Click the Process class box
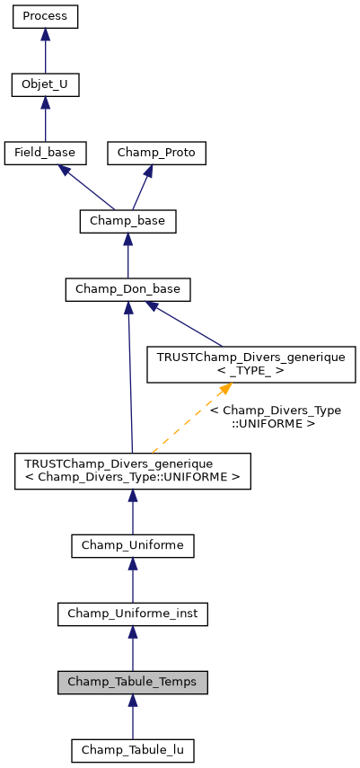46,17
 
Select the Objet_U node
46,85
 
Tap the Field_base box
46,153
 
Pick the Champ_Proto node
157,153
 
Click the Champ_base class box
127,221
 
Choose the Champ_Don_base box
127,289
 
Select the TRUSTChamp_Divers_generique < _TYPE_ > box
251,365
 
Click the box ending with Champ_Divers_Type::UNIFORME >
133,471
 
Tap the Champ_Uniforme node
133,545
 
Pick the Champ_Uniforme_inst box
133,614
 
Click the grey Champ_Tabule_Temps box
133,682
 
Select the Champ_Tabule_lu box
133,749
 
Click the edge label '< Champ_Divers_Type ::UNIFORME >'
275,416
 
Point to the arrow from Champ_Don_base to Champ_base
127,255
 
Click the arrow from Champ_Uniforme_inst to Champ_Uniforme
133,579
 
